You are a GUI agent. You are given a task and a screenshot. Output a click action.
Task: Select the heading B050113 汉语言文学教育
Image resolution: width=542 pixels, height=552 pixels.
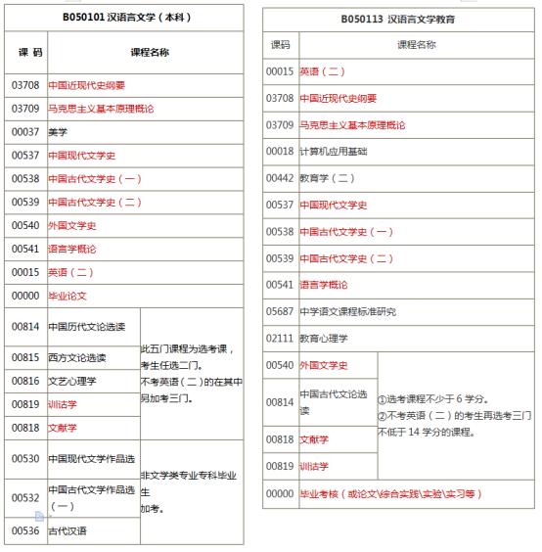tap(398, 19)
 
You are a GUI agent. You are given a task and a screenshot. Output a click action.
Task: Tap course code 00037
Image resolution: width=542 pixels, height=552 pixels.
tap(24, 131)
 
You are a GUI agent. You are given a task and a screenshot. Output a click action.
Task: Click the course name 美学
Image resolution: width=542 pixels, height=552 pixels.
tap(58, 131)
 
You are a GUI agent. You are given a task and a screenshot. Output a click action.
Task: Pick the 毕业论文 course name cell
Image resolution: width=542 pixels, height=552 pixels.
tap(68, 294)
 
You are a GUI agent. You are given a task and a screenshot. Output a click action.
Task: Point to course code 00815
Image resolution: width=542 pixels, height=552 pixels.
tap(24, 358)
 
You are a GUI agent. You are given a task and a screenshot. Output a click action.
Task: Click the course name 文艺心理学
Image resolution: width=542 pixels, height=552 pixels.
tap(72, 381)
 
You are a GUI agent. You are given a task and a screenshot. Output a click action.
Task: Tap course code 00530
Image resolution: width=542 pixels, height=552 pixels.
tap(24, 459)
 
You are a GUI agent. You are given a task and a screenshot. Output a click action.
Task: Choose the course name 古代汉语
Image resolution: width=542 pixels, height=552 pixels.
tap(68, 530)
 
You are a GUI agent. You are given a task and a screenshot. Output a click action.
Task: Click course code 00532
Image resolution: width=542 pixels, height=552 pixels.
tap(24, 497)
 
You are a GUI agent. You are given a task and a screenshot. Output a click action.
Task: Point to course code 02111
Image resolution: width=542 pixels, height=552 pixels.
tap(280, 338)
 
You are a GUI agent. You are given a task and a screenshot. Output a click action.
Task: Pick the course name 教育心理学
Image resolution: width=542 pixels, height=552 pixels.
tap(324, 338)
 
